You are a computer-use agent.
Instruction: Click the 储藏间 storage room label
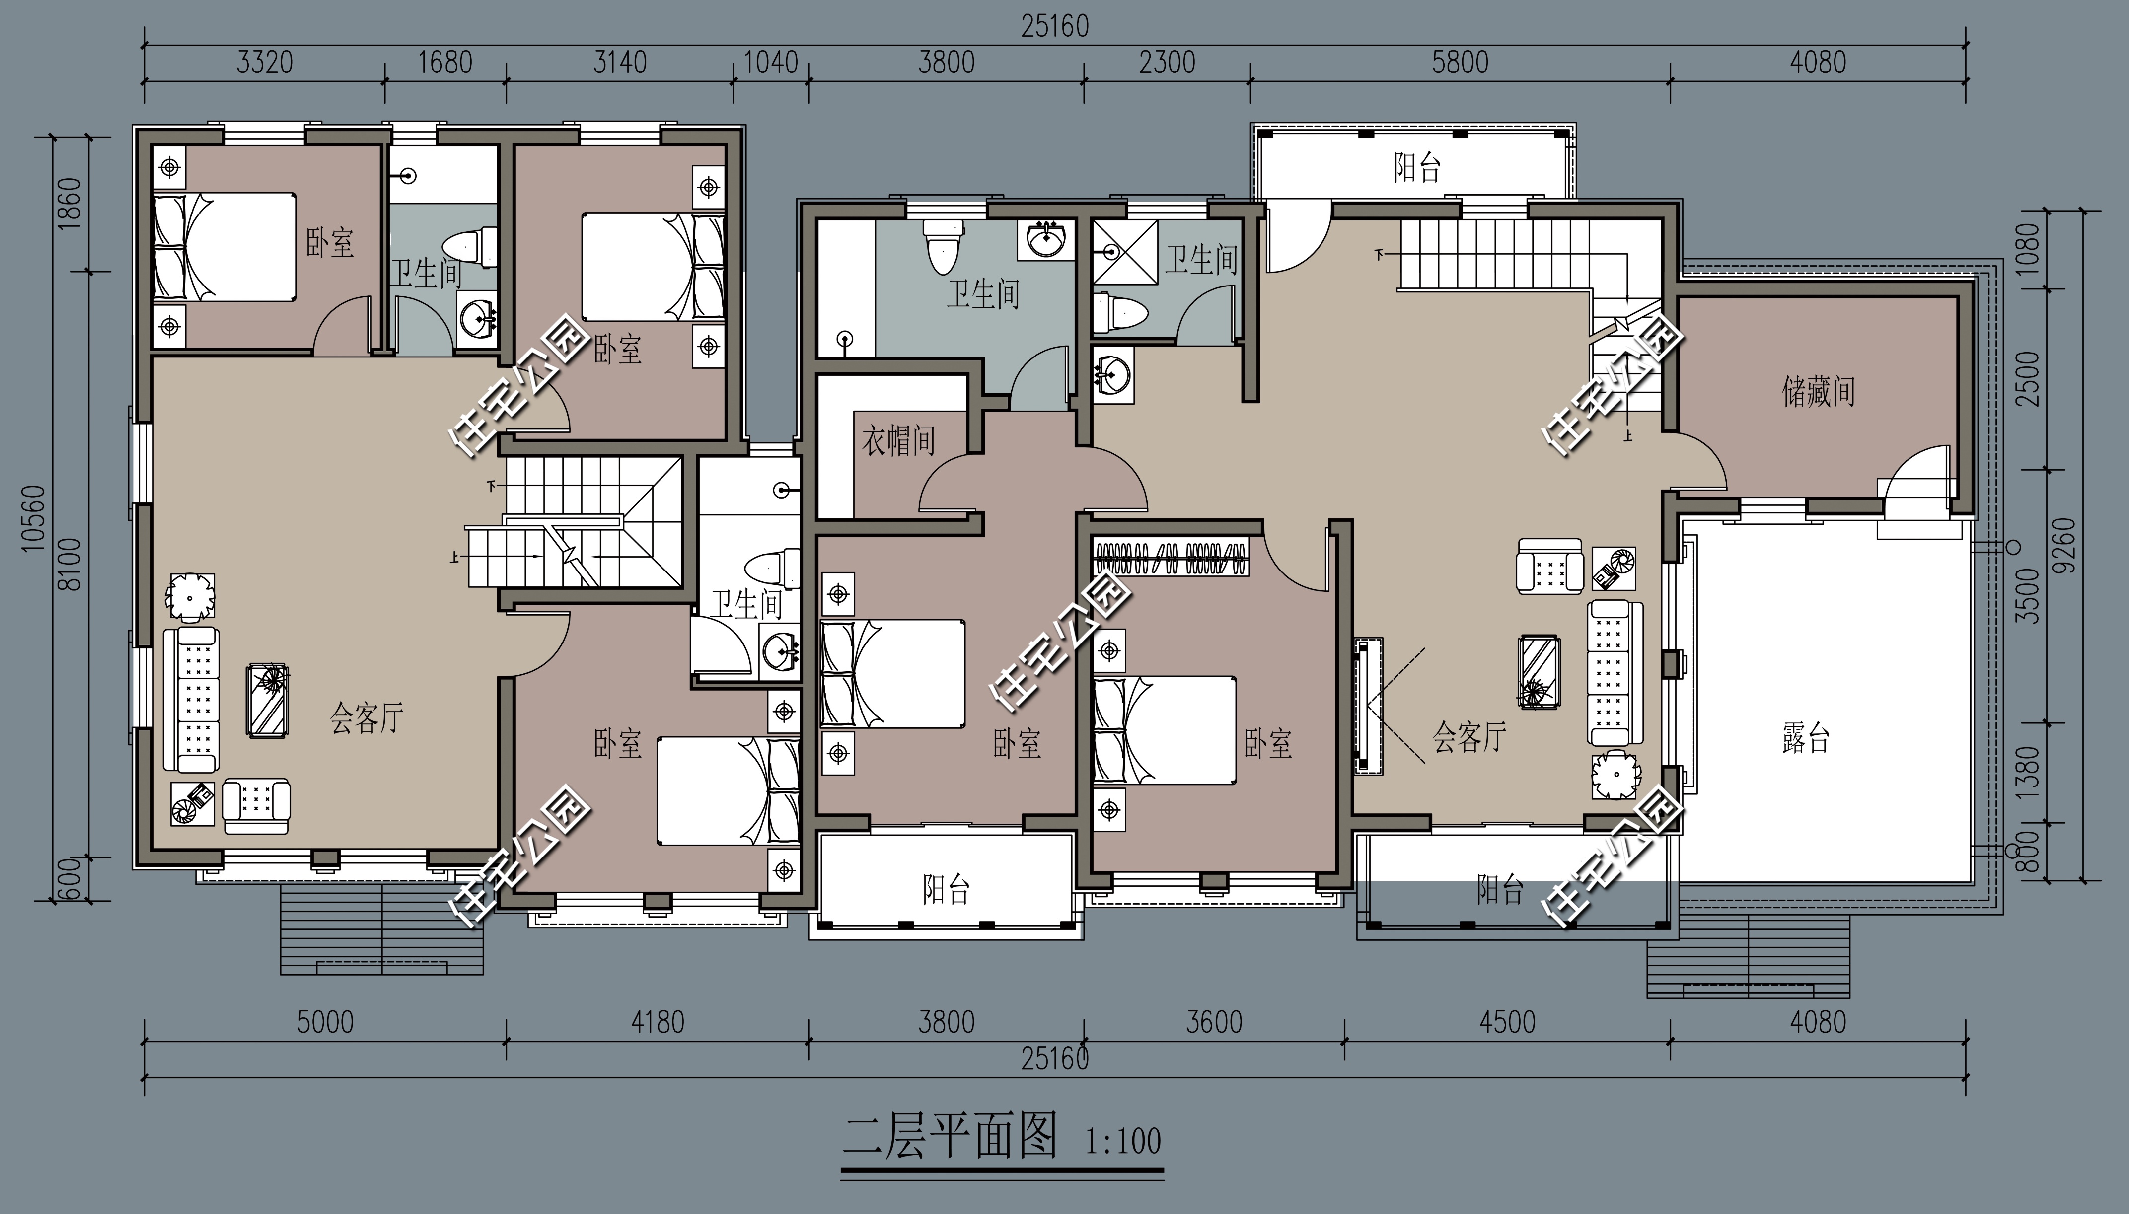pyautogui.click(x=1818, y=391)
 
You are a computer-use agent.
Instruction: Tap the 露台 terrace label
pyautogui.click(x=1805, y=738)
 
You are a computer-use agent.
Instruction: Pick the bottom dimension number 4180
pyautogui.click(x=657, y=1022)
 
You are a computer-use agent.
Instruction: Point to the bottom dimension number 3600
pyautogui.click(x=1214, y=1022)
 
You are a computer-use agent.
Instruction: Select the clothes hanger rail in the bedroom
pyautogui.click(x=1171, y=559)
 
